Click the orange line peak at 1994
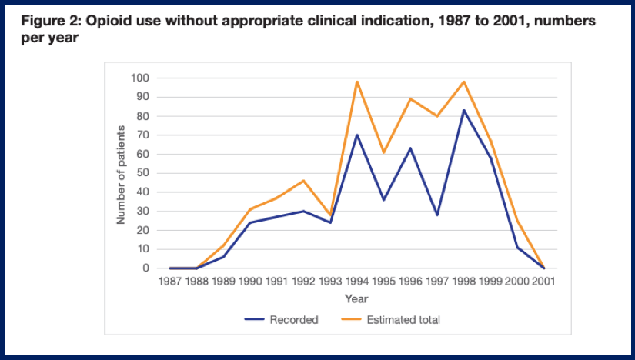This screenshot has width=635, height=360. [x=357, y=82]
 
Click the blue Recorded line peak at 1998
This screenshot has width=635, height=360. [x=464, y=110]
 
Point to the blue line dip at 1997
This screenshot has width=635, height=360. [x=437, y=215]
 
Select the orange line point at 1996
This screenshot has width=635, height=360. [x=411, y=98]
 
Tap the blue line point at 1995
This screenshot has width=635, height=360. [x=384, y=200]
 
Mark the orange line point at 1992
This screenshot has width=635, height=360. [x=303, y=181]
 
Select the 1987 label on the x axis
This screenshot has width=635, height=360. [x=169, y=282]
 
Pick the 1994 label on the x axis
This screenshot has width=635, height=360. [x=357, y=282]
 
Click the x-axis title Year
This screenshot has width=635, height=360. [x=356, y=298]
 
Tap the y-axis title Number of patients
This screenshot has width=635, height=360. [x=121, y=173]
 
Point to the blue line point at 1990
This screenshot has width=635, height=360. [x=250, y=222]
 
